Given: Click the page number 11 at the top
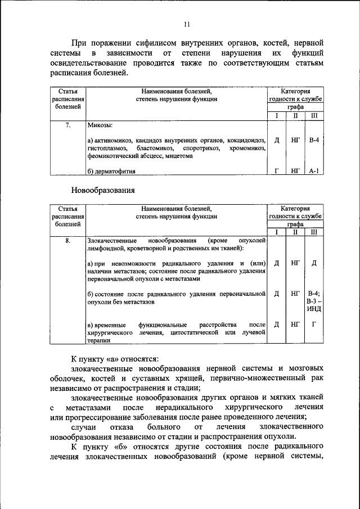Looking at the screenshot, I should click(187, 24).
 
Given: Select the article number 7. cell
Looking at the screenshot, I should click(67, 125).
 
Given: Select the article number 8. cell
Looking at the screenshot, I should click(67, 241).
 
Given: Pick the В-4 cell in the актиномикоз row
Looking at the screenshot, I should click(314, 140).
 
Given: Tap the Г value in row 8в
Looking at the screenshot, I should click(314, 324).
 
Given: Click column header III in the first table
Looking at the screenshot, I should click(314, 115).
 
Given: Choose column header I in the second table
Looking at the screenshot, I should click(277, 232).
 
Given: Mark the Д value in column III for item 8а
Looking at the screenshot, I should click(314, 263).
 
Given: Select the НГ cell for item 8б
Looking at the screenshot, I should click(295, 293).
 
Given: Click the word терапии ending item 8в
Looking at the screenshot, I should click(99, 340).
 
